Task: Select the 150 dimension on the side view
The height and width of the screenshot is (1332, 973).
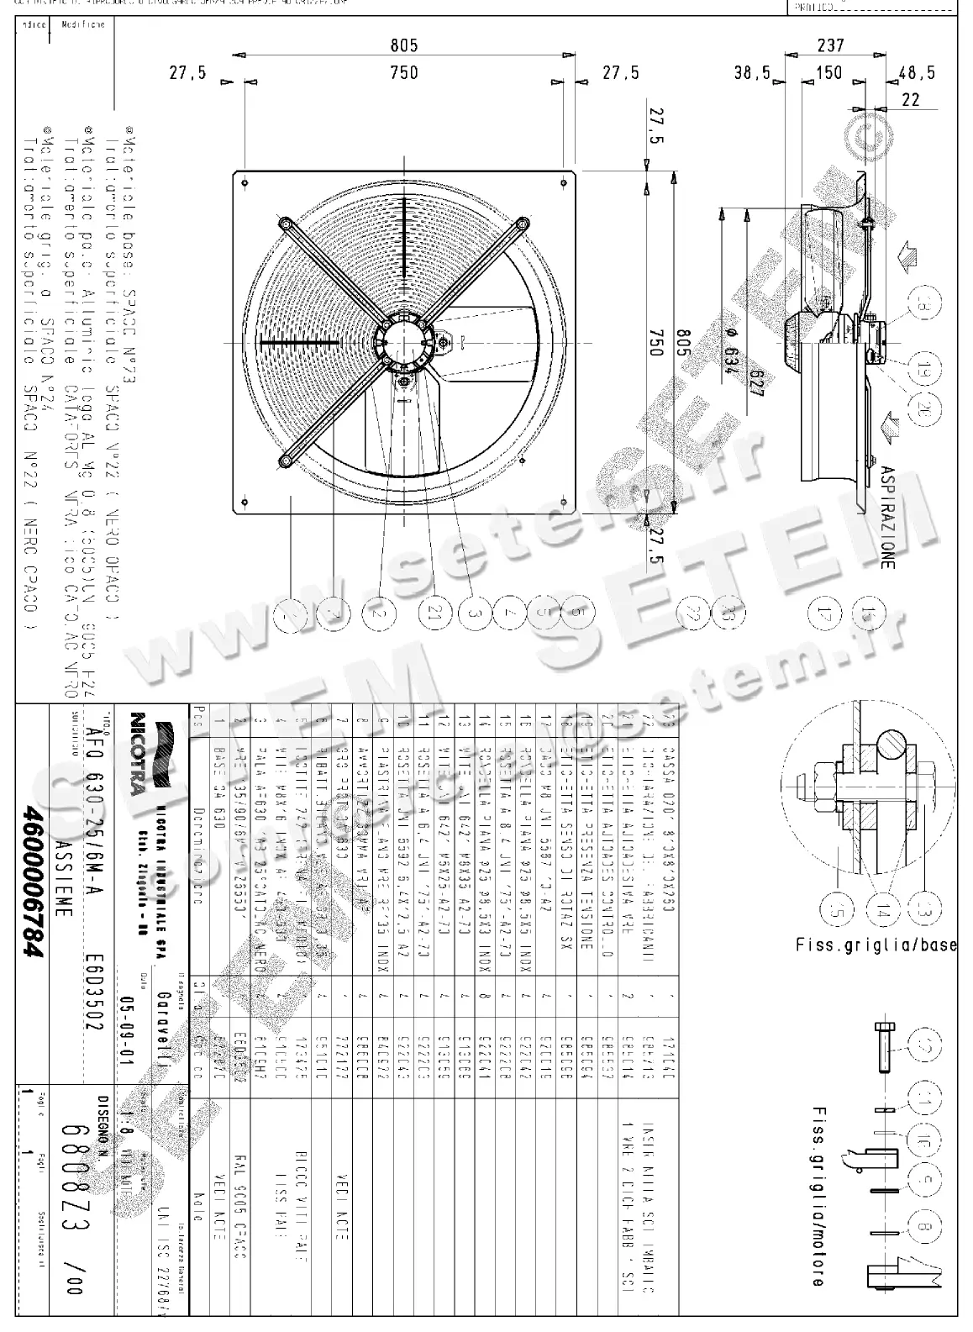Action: pos(829,72)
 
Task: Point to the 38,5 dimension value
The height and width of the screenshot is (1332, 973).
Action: pos(752,74)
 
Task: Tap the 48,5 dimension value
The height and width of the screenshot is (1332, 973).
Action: pos(916,73)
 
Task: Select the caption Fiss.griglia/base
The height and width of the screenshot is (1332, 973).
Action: pos(876,945)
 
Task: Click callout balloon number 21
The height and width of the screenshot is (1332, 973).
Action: pos(435,613)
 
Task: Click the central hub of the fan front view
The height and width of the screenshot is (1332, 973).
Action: pos(405,343)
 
